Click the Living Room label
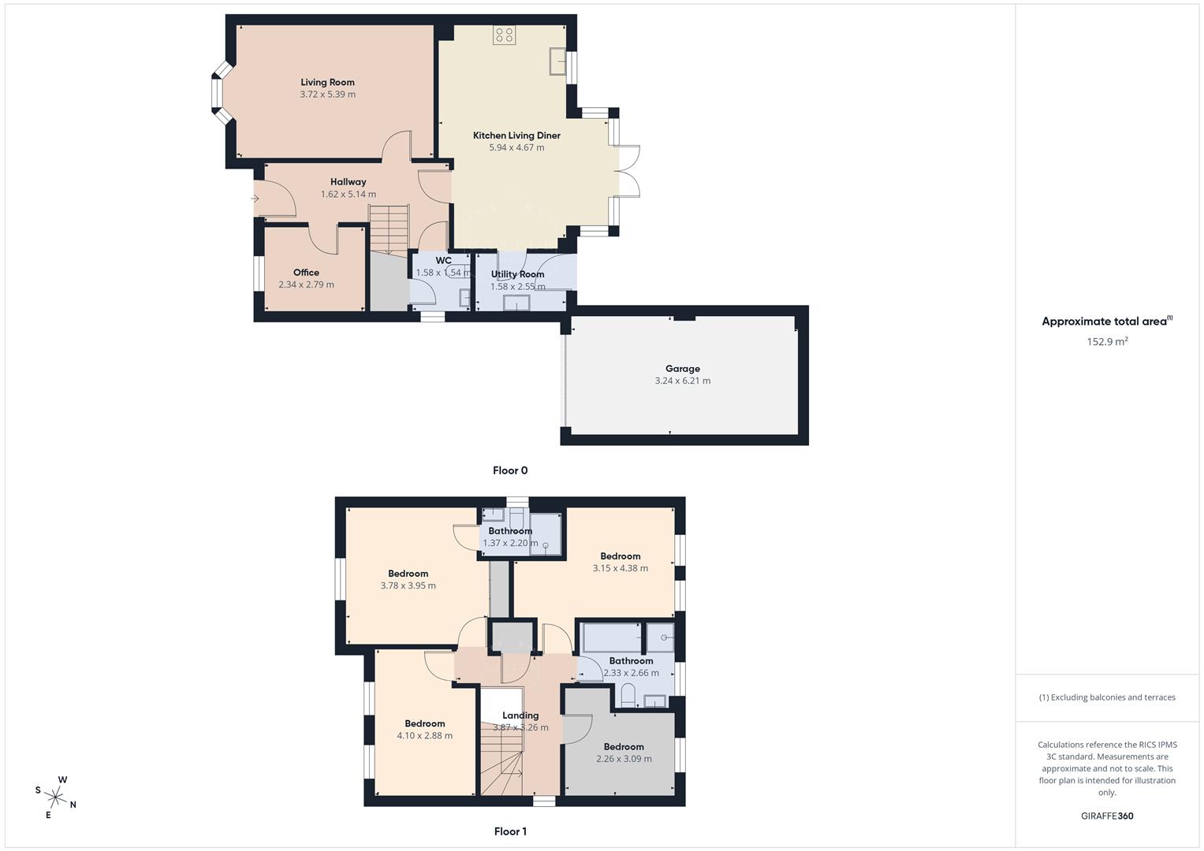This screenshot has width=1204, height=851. [x=327, y=82]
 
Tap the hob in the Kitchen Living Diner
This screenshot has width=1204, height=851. [x=504, y=35]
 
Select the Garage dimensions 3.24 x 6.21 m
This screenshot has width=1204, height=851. [x=682, y=381]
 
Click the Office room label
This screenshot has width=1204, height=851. [x=306, y=273]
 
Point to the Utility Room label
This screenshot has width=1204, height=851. [x=517, y=274]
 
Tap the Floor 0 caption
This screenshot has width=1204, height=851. [x=510, y=470]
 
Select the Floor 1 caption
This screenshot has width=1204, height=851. [x=510, y=831]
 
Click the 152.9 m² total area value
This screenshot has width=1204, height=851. [x=1107, y=341]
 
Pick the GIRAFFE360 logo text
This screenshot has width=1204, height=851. [x=1107, y=816]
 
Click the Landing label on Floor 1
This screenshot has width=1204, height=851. [x=520, y=715]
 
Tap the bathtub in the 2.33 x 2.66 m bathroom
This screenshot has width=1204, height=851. [x=612, y=637]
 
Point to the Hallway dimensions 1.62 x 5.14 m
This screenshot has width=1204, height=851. [x=348, y=194]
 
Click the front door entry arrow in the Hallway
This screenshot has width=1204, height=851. [x=255, y=199]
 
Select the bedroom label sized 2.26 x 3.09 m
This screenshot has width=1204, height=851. [x=624, y=747]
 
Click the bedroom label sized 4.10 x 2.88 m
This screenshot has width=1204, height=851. [x=424, y=724]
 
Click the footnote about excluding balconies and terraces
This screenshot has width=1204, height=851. [x=1107, y=697]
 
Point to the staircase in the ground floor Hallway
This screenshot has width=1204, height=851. [x=390, y=229]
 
